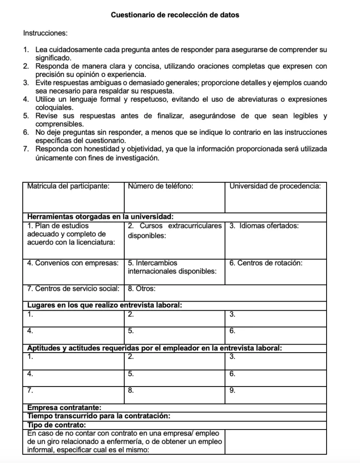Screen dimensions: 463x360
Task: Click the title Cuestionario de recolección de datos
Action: click(175, 15)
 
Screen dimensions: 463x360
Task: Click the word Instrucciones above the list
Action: click(45, 33)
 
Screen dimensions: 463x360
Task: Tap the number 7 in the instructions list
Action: click(26, 149)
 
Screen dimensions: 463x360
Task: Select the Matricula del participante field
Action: click(73, 197)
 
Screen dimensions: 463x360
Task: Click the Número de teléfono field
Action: click(174, 197)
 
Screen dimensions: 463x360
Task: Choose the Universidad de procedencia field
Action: click(276, 197)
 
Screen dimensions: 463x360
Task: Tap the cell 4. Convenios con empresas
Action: click(73, 271)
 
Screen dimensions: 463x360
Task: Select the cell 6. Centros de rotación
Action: click(276, 271)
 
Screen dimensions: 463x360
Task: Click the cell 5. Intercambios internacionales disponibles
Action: click(174, 271)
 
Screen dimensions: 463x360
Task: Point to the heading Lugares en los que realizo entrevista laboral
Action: click(105, 305)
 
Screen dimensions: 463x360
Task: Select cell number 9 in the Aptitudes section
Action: click(276, 394)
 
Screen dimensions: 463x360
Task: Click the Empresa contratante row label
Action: click(64, 408)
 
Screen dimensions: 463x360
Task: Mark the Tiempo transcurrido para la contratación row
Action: click(98, 416)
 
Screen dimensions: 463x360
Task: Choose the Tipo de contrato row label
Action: click(57, 425)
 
